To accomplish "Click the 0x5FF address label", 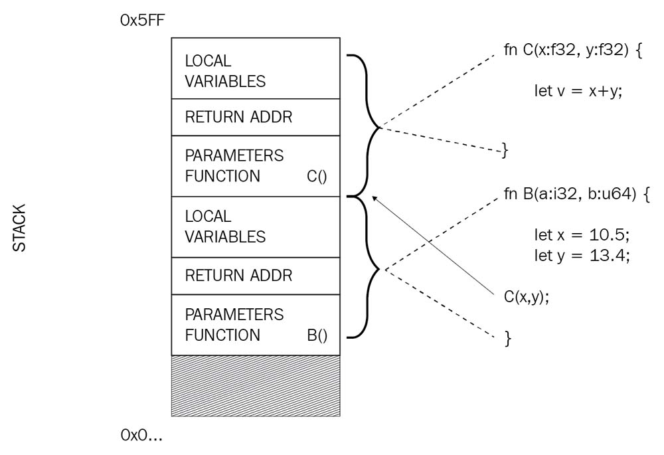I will pos(142,21).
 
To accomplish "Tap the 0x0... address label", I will pos(141,436).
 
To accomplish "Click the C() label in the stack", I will pos(318,177).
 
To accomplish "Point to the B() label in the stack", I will pos(317,335).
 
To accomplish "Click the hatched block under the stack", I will pos(256,386).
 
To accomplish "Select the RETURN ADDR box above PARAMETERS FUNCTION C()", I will pos(256,118).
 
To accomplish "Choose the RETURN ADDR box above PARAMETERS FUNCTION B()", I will pos(256,276).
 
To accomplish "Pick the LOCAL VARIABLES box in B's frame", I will pos(256,227).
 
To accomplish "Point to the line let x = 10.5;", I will pos(581,236).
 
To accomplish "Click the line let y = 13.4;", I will pos(581,255).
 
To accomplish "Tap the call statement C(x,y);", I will pos(527,297).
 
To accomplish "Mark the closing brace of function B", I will pos(509,338).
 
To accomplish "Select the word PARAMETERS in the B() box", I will pos(234,314).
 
